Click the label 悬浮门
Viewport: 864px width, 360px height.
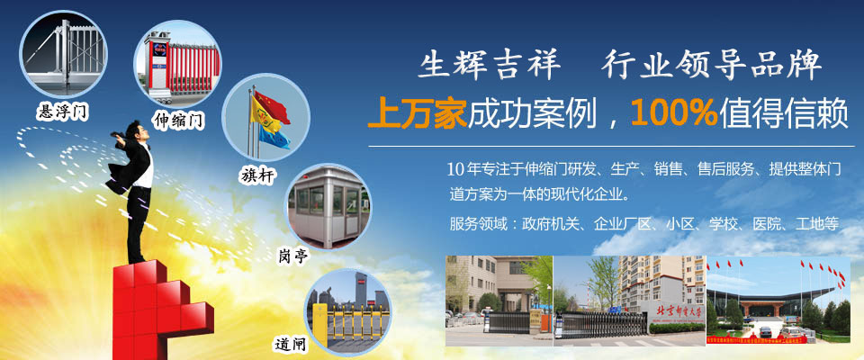point(61,111)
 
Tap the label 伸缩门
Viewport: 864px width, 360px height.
point(178,119)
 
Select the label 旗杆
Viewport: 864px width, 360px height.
point(258,175)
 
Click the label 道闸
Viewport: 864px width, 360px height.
point(291,344)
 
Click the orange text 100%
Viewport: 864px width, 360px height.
point(674,113)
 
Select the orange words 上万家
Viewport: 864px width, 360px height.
point(417,114)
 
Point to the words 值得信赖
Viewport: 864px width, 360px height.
point(782,114)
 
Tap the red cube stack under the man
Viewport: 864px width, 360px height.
point(161,311)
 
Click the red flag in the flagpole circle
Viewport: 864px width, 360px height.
point(271,106)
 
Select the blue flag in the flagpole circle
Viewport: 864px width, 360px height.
point(274,136)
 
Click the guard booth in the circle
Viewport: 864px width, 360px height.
point(328,207)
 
